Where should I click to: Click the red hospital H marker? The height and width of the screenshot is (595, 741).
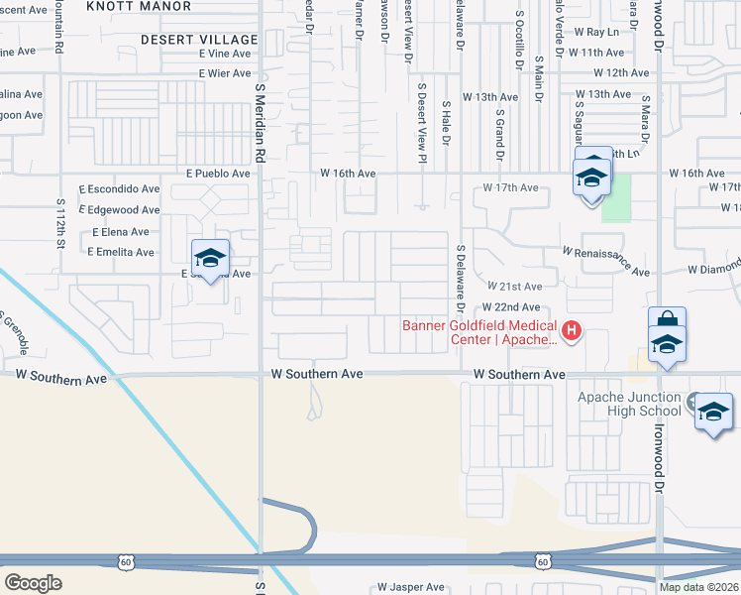[571, 330]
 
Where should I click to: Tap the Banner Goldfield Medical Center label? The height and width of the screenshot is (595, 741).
[480, 332]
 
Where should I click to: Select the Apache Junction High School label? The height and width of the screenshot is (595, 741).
[629, 405]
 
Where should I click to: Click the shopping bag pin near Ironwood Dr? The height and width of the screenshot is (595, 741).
[668, 324]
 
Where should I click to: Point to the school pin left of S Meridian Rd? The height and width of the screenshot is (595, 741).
[210, 260]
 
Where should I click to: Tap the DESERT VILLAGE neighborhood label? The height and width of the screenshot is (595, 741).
[199, 39]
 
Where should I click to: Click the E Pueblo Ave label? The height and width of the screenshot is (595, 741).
[219, 173]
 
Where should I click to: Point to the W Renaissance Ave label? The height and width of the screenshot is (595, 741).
[605, 261]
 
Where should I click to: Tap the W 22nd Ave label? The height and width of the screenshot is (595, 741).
[511, 307]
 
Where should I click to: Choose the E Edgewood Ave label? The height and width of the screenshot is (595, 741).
[123, 210]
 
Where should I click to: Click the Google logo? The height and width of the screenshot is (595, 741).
[34, 583]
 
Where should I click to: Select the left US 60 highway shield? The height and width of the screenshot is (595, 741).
[125, 562]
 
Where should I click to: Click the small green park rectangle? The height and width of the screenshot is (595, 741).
[615, 203]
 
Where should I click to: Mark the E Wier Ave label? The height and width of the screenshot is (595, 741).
[225, 73]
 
